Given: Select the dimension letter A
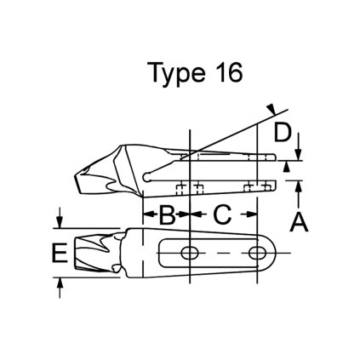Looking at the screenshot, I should coord(299,223).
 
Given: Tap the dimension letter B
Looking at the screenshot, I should coord(168,215).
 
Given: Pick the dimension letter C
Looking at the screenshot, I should coord(222,215).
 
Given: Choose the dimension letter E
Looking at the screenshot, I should coord(58,253).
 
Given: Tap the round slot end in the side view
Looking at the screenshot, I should coord(150,176).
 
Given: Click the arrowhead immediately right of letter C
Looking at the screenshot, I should coord(252,215).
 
